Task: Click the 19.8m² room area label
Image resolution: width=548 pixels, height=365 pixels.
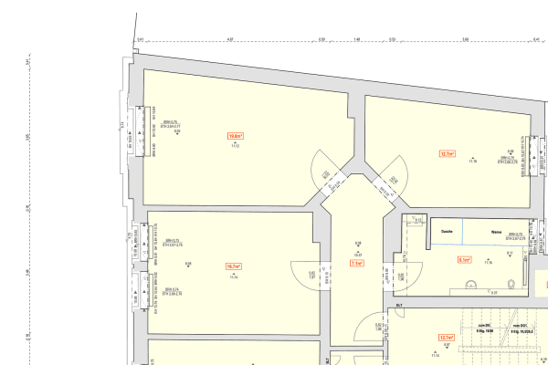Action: (x=236, y=136)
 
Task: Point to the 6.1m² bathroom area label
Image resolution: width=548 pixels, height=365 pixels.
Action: (x=464, y=260)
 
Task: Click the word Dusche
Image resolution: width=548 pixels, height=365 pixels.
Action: (x=448, y=232)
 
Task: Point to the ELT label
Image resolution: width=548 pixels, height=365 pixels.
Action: (x=399, y=305)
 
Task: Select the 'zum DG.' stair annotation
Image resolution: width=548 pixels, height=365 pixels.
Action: (x=483, y=326)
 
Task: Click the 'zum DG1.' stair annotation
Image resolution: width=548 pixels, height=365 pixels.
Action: (x=522, y=326)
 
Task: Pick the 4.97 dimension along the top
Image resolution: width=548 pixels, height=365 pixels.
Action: (x=231, y=40)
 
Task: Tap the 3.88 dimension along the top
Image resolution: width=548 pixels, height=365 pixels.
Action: (x=465, y=40)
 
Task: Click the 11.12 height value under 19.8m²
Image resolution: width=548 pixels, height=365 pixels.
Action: (x=235, y=146)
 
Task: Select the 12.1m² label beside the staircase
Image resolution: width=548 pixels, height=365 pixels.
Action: (x=446, y=337)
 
